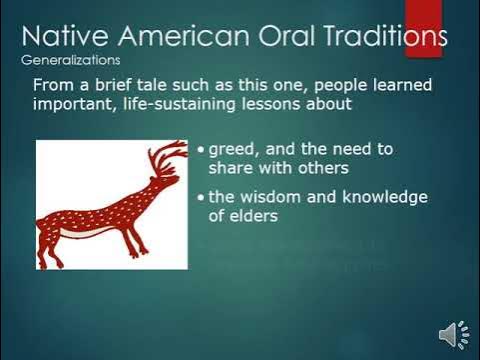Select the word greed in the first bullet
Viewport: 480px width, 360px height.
230,149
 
